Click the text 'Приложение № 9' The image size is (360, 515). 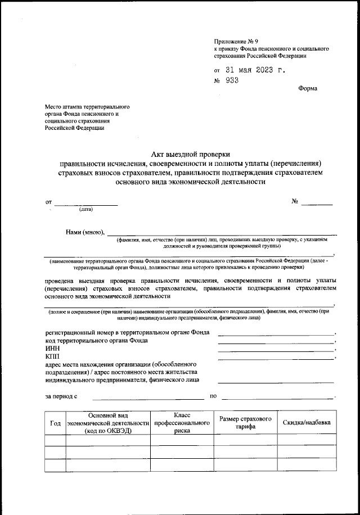tap(235, 42)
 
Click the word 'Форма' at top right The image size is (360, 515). tap(308, 88)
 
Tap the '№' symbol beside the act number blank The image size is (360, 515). tap(294, 201)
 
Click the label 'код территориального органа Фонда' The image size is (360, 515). tap(97, 341)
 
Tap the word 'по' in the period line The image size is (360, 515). tap(213, 396)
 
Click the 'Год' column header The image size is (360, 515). tap(55, 423)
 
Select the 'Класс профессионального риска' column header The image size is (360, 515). tap(182, 422)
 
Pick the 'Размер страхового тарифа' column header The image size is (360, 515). tap(246, 423)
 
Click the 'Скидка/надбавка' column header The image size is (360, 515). tap(307, 423)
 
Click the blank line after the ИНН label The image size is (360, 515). tap(276, 350)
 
